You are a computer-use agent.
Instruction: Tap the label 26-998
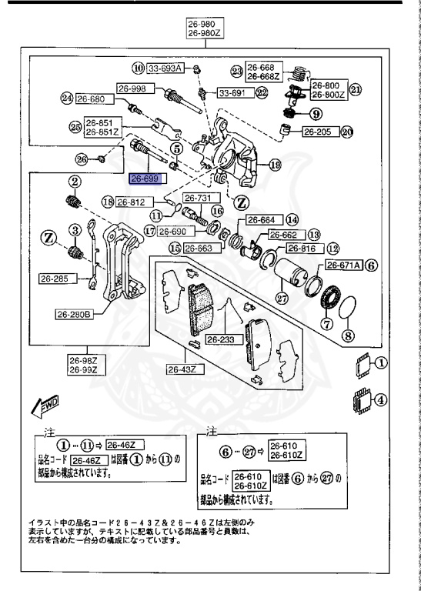click(132, 88)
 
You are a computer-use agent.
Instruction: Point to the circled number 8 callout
click(347, 335)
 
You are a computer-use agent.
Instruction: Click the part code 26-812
click(131, 203)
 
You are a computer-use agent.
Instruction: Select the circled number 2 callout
click(75, 182)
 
